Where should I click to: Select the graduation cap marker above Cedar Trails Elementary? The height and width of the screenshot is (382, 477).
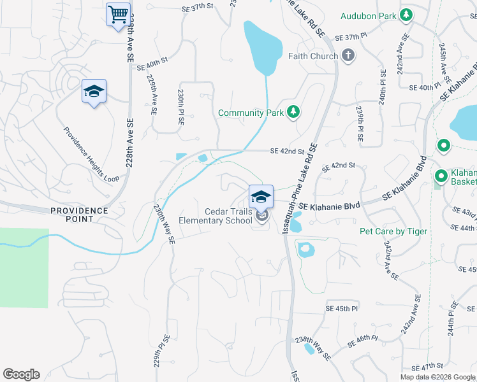point(260,196)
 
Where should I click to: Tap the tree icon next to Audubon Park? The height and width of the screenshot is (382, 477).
point(406,15)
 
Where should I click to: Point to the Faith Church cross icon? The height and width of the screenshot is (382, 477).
point(348,56)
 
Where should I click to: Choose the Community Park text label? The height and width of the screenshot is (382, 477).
point(250,113)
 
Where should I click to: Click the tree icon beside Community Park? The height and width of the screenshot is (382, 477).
point(293,113)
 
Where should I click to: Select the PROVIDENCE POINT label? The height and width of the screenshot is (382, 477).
point(80,215)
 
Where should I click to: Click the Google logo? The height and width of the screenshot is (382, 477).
point(21,374)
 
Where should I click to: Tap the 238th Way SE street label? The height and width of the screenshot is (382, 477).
point(313,348)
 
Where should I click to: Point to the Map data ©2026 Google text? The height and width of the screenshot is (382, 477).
point(437,377)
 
